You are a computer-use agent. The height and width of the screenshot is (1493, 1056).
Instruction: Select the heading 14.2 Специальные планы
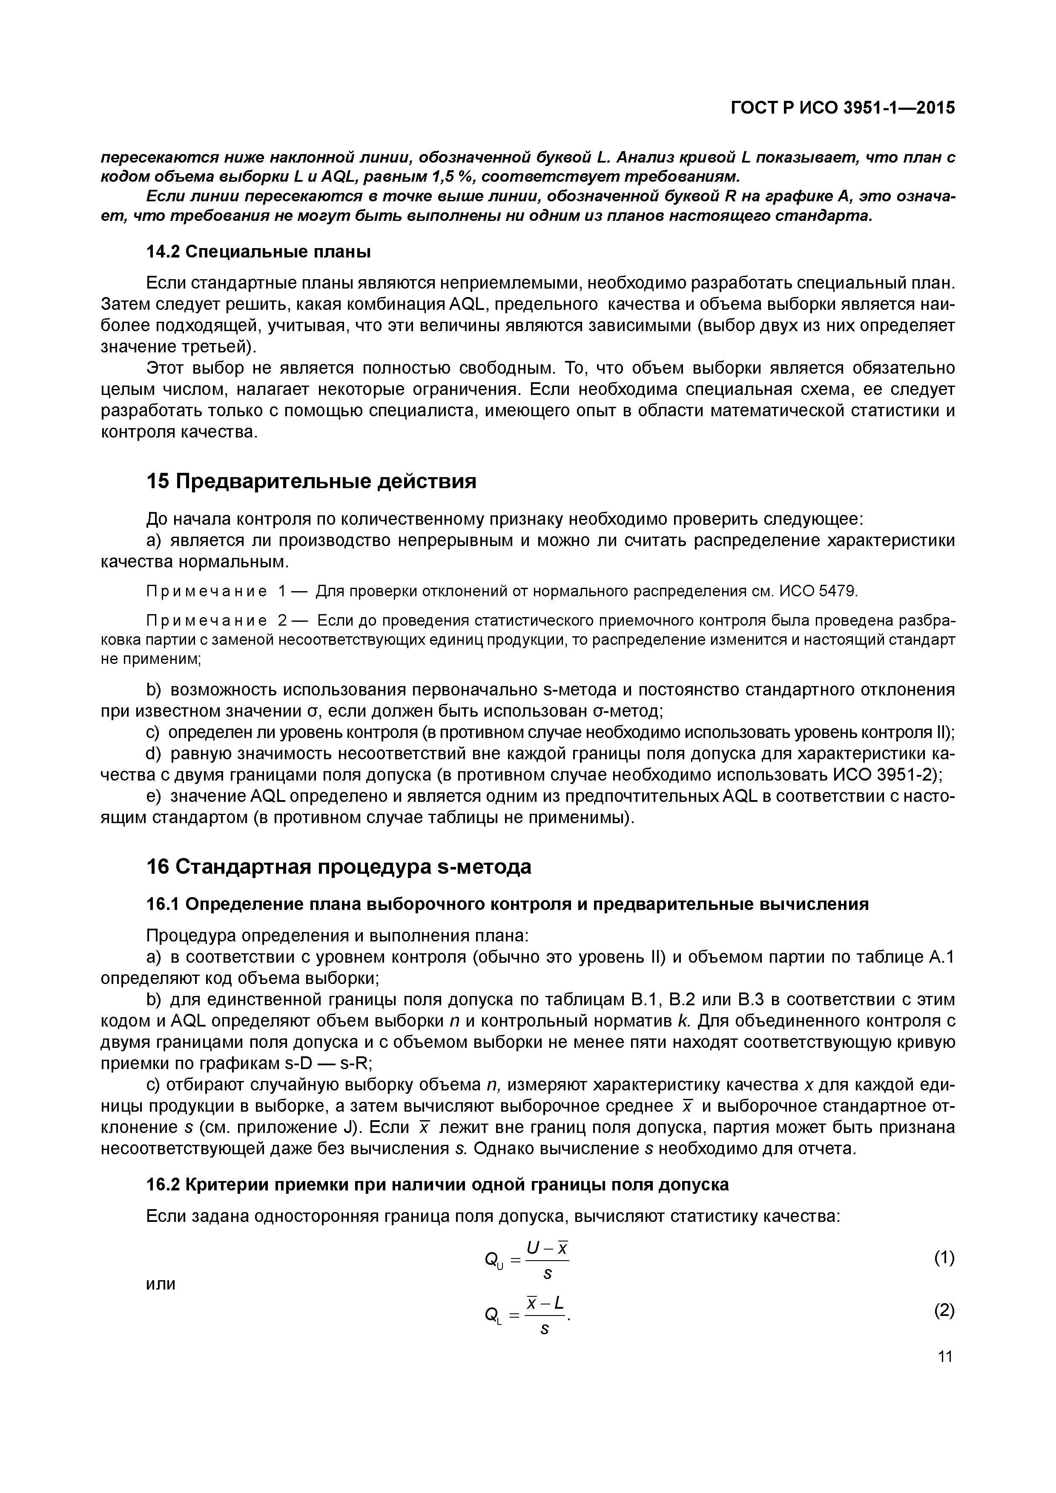258,251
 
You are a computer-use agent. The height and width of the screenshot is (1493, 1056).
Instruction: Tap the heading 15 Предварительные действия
311,481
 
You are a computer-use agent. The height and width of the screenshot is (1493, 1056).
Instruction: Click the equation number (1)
944,1258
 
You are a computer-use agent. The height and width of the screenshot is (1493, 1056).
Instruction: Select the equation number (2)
944,1310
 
